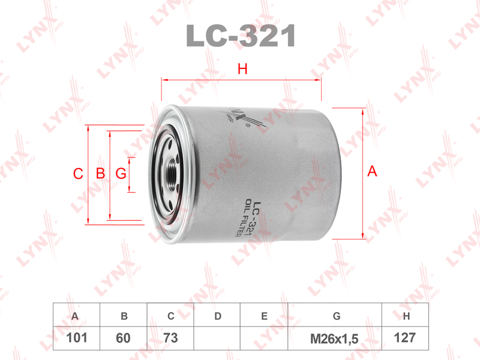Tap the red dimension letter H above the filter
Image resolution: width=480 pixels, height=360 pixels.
coord(242,70)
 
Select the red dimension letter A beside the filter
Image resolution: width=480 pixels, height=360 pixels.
coord(372,172)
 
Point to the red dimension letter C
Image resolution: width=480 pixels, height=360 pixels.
coord(77,174)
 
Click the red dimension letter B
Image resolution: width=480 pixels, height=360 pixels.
coord(100,174)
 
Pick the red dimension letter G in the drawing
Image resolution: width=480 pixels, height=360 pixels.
coord(121,174)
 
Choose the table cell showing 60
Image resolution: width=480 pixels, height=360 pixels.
coord(123,338)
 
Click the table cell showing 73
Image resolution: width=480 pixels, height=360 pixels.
coord(170,338)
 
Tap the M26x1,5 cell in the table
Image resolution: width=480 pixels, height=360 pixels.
coord(334,338)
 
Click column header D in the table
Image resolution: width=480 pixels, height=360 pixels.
coord(218,316)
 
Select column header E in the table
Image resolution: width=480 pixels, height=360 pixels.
coord(264,316)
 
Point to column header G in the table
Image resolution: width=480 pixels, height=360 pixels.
coord(336,316)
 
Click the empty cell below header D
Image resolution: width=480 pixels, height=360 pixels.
coord(218,338)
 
